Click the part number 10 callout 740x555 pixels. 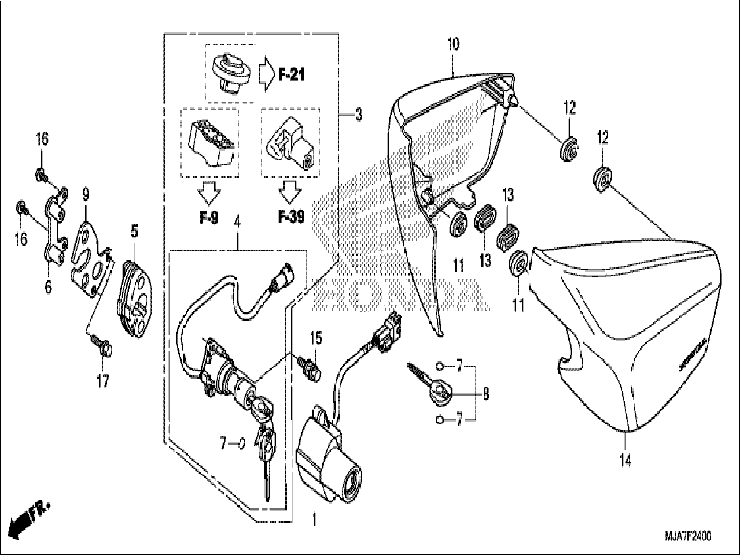[454, 44]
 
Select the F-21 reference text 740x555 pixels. [291, 76]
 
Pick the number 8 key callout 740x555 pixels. [486, 394]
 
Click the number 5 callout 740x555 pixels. [135, 232]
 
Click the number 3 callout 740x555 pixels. [358, 115]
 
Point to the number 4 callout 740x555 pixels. [237, 224]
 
